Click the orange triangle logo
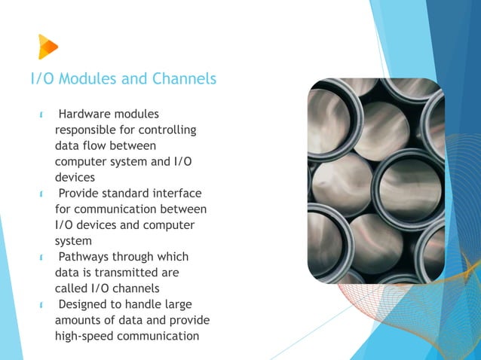click(x=47, y=47)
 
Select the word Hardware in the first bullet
click(x=84, y=114)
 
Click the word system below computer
click(x=72, y=241)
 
